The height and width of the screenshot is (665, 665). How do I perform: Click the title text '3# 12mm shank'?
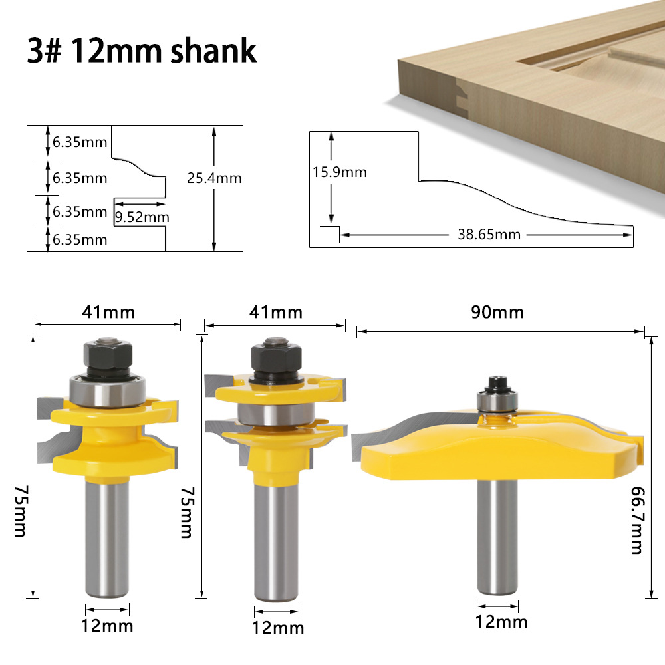click(142, 51)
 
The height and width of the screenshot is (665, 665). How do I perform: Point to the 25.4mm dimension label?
click(214, 178)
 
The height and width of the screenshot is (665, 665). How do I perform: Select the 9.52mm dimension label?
click(142, 217)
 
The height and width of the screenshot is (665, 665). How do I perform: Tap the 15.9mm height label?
click(340, 172)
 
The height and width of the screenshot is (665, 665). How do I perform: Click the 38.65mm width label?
click(489, 234)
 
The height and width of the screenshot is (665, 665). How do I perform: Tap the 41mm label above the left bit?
click(108, 311)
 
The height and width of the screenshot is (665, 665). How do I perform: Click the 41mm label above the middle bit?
click(275, 312)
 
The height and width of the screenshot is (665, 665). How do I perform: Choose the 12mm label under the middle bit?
click(277, 627)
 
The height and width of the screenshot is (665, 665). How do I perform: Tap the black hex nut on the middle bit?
click(274, 359)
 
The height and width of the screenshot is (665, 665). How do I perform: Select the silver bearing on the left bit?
click(107, 392)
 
